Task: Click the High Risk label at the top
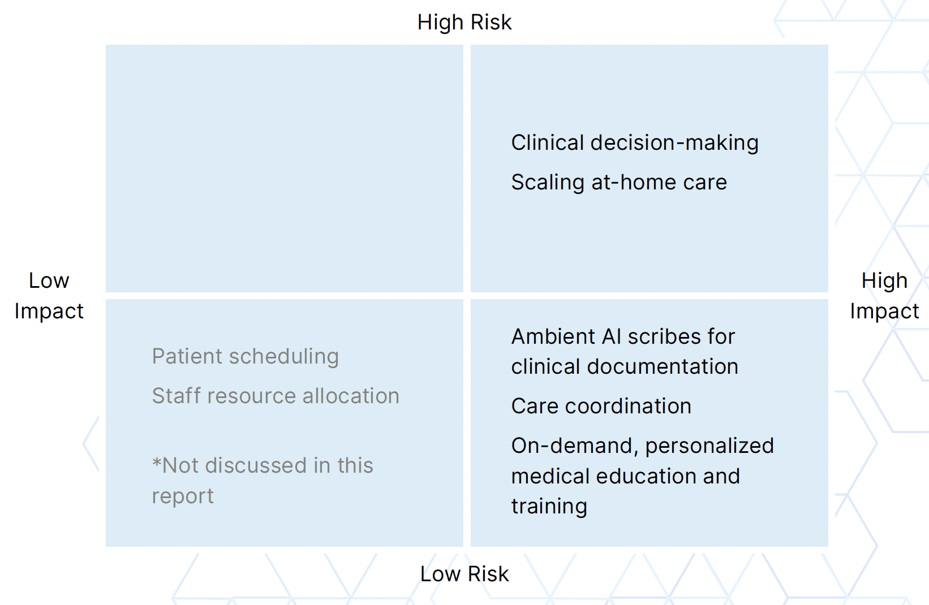click(464, 23)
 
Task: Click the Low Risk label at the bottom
click(464, 574)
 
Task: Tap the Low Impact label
click(49, 296)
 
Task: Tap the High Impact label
click(884, 296)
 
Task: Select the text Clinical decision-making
click(634, 143)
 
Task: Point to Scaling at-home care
click(618, 183)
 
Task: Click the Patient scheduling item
click(245, 357)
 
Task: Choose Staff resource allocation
click(276, 396)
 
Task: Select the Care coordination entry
click(601, 407)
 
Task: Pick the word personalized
click(709, 446)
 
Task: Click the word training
click(549, 507)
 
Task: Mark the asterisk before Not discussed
click(157, 465)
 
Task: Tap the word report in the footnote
click(182, 496)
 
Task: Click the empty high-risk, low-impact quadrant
click(284, 168)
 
